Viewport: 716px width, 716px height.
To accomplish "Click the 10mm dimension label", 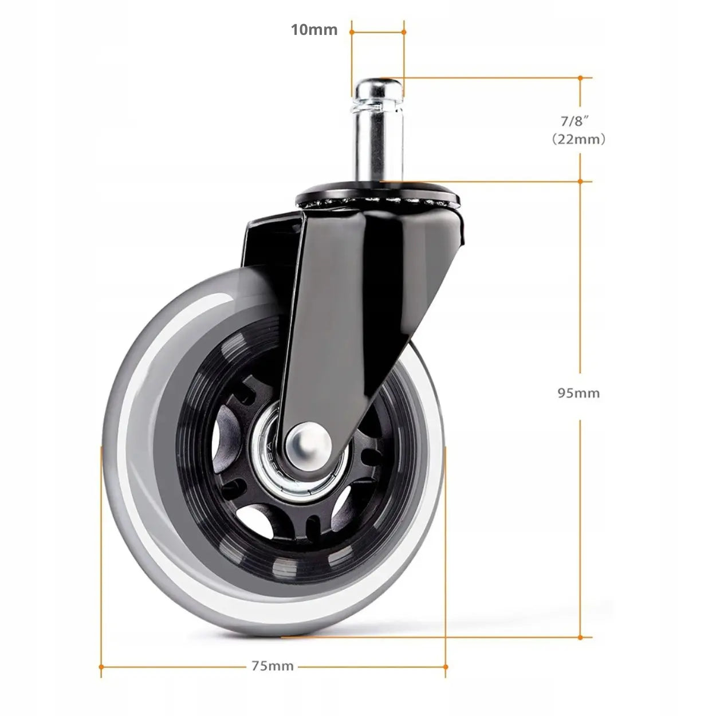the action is [x=314, y=30].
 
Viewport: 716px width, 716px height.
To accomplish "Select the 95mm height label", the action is [x=579, y=393].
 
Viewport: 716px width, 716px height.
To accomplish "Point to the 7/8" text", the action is [x=576, y=121].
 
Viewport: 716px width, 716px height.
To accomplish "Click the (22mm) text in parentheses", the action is [x=579, y=140].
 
